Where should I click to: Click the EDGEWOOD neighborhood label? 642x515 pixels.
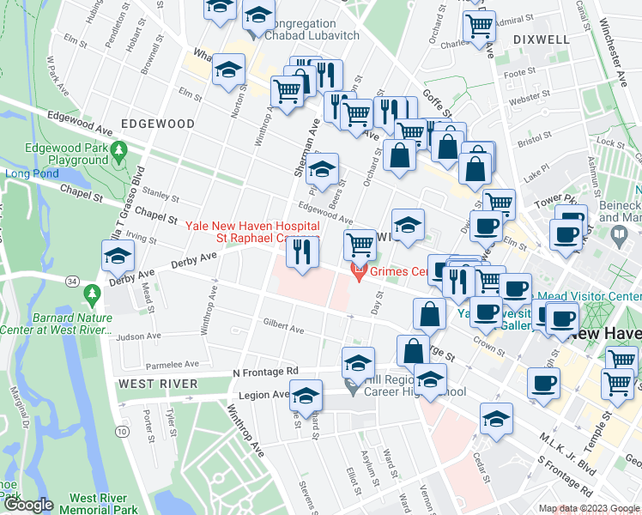pos(158,124)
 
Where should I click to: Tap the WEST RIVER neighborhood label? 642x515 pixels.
pos(158,383)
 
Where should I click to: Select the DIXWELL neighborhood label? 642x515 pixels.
pos(541,39)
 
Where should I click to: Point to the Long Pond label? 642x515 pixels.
pos(30,173)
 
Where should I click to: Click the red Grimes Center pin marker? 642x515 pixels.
pos(359,272)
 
